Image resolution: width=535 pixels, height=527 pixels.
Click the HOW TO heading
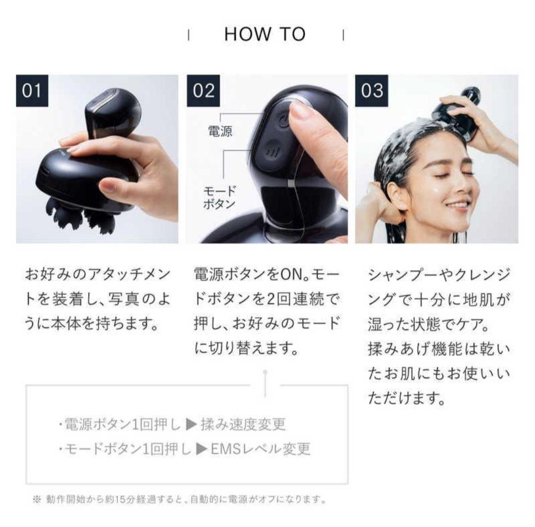click(x=265, y=34)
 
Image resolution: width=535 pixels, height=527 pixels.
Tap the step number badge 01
click(x=33, y=91)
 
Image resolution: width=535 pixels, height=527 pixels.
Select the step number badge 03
click(x=372, y=91)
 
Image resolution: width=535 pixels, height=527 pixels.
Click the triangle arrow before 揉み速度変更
click(x=191, y=424)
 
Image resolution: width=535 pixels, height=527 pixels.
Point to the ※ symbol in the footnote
click(x=36, y=499)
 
